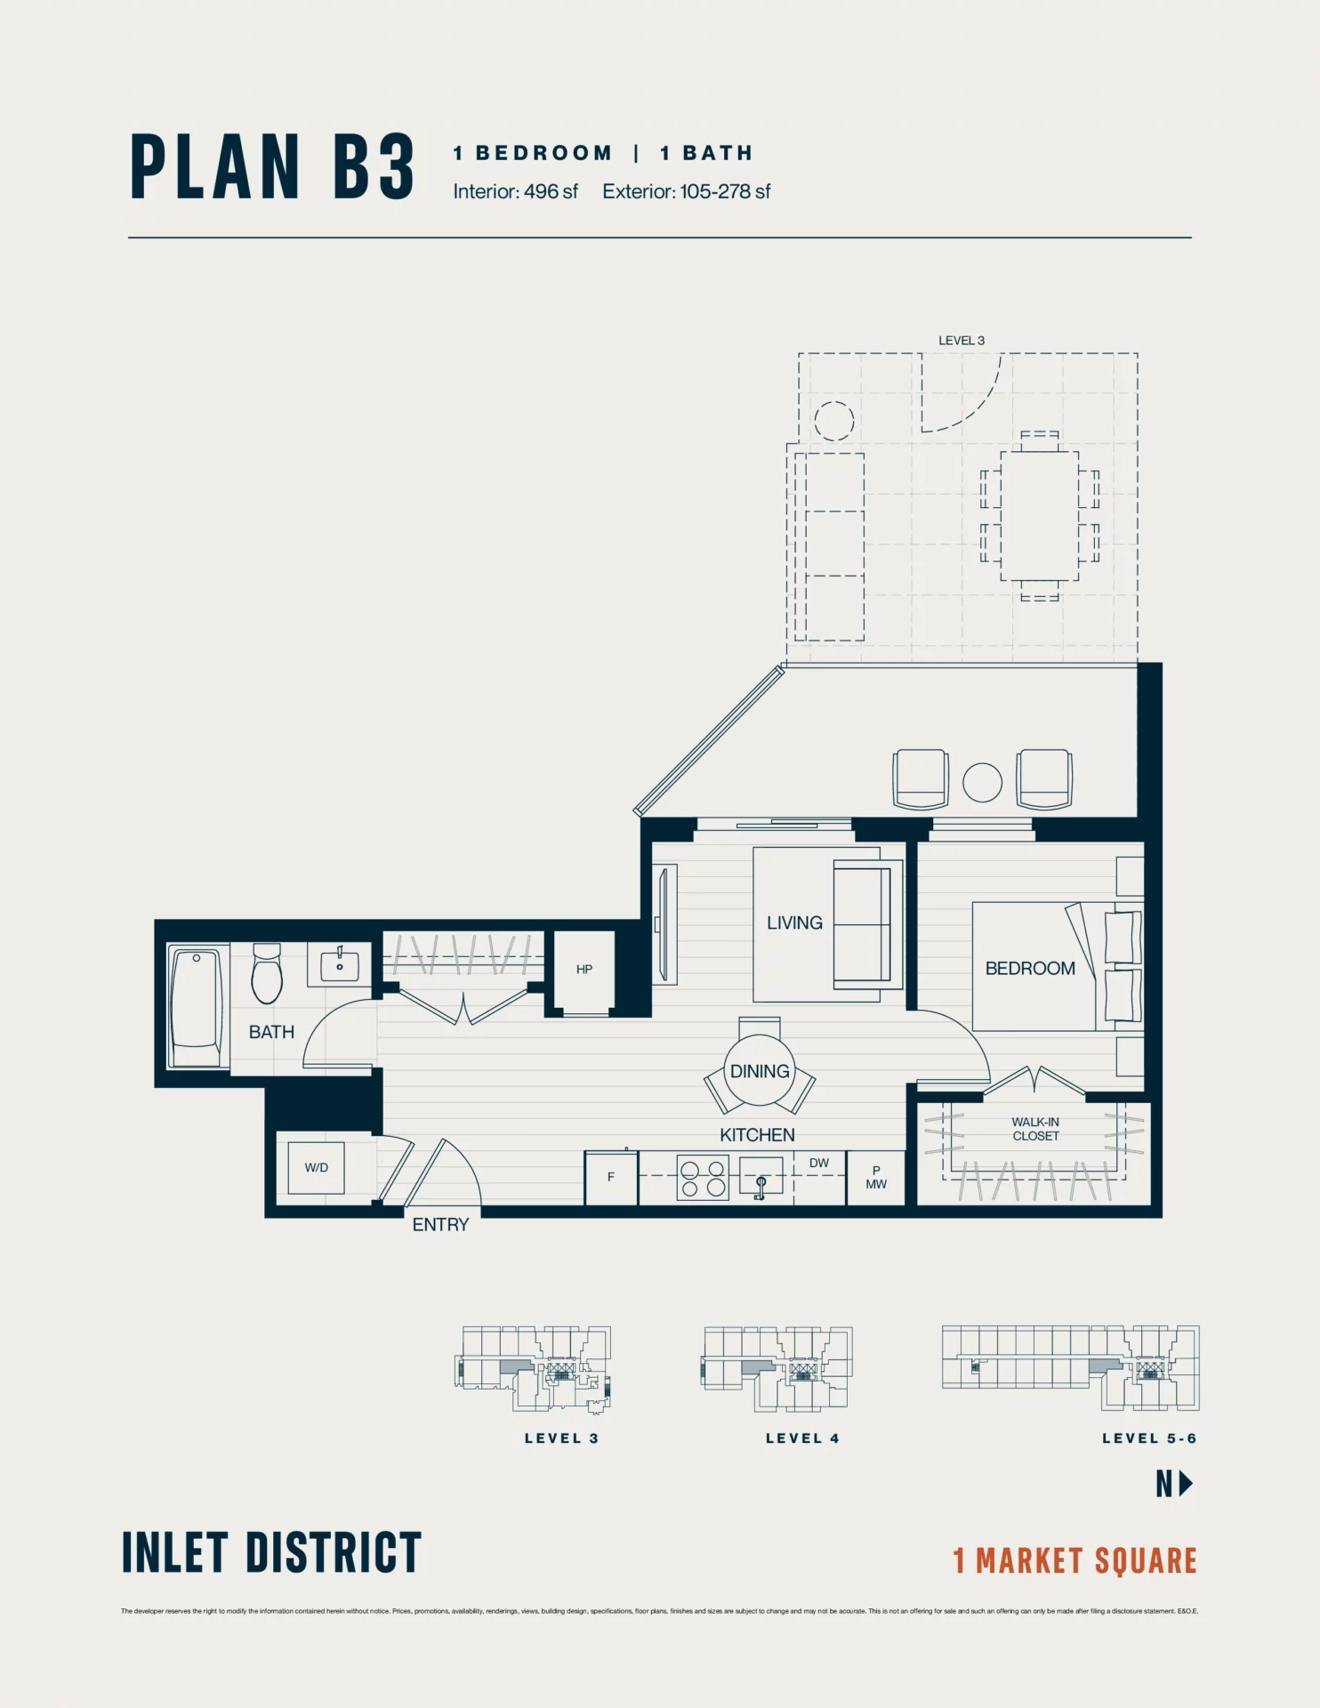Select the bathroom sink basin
click(340, 965)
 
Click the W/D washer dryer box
click(316, 1168)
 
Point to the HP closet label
click(584, 970)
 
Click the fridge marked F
click(610, 1177)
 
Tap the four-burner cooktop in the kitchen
click(703, 1178)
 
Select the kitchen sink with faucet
click(761, 1177)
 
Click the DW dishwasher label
click(818, 1163)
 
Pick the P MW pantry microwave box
click(875, 1177)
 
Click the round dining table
click(760, 1071)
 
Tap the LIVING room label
click(794, 922)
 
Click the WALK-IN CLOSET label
click(1035, 1129)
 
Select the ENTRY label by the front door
click(440, 1225)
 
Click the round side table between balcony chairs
click(982, 783)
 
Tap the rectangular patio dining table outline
click(1039, 516)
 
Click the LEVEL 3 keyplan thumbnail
click(535, 1368)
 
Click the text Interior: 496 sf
click(515, 191)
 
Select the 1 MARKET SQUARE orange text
click(1075, 1561)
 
